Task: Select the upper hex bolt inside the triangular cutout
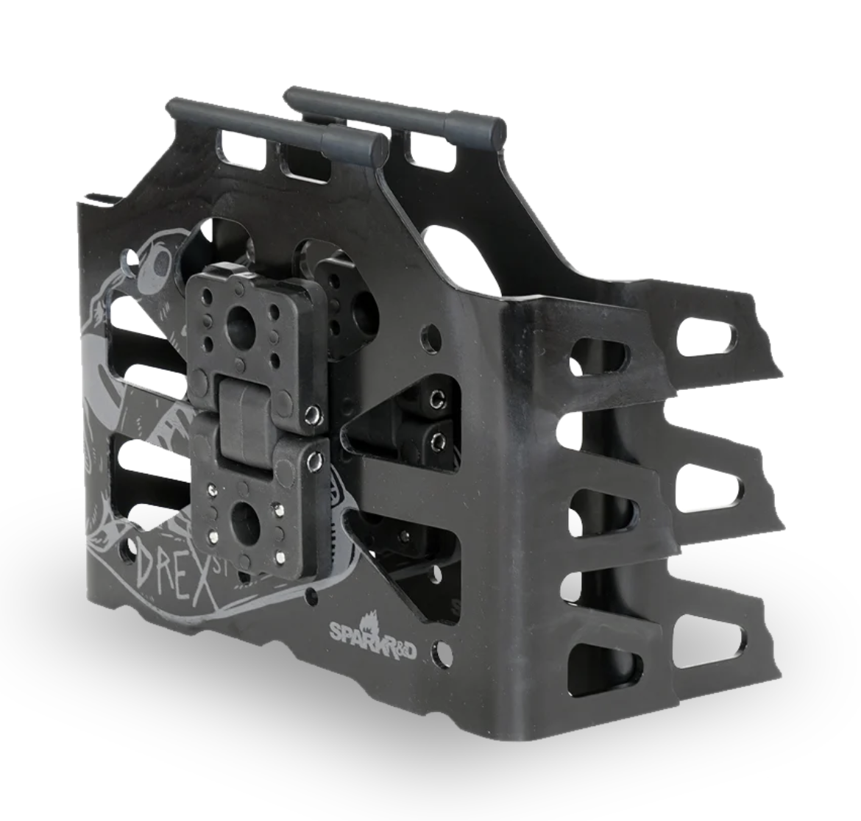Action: click(x=438, y=399)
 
